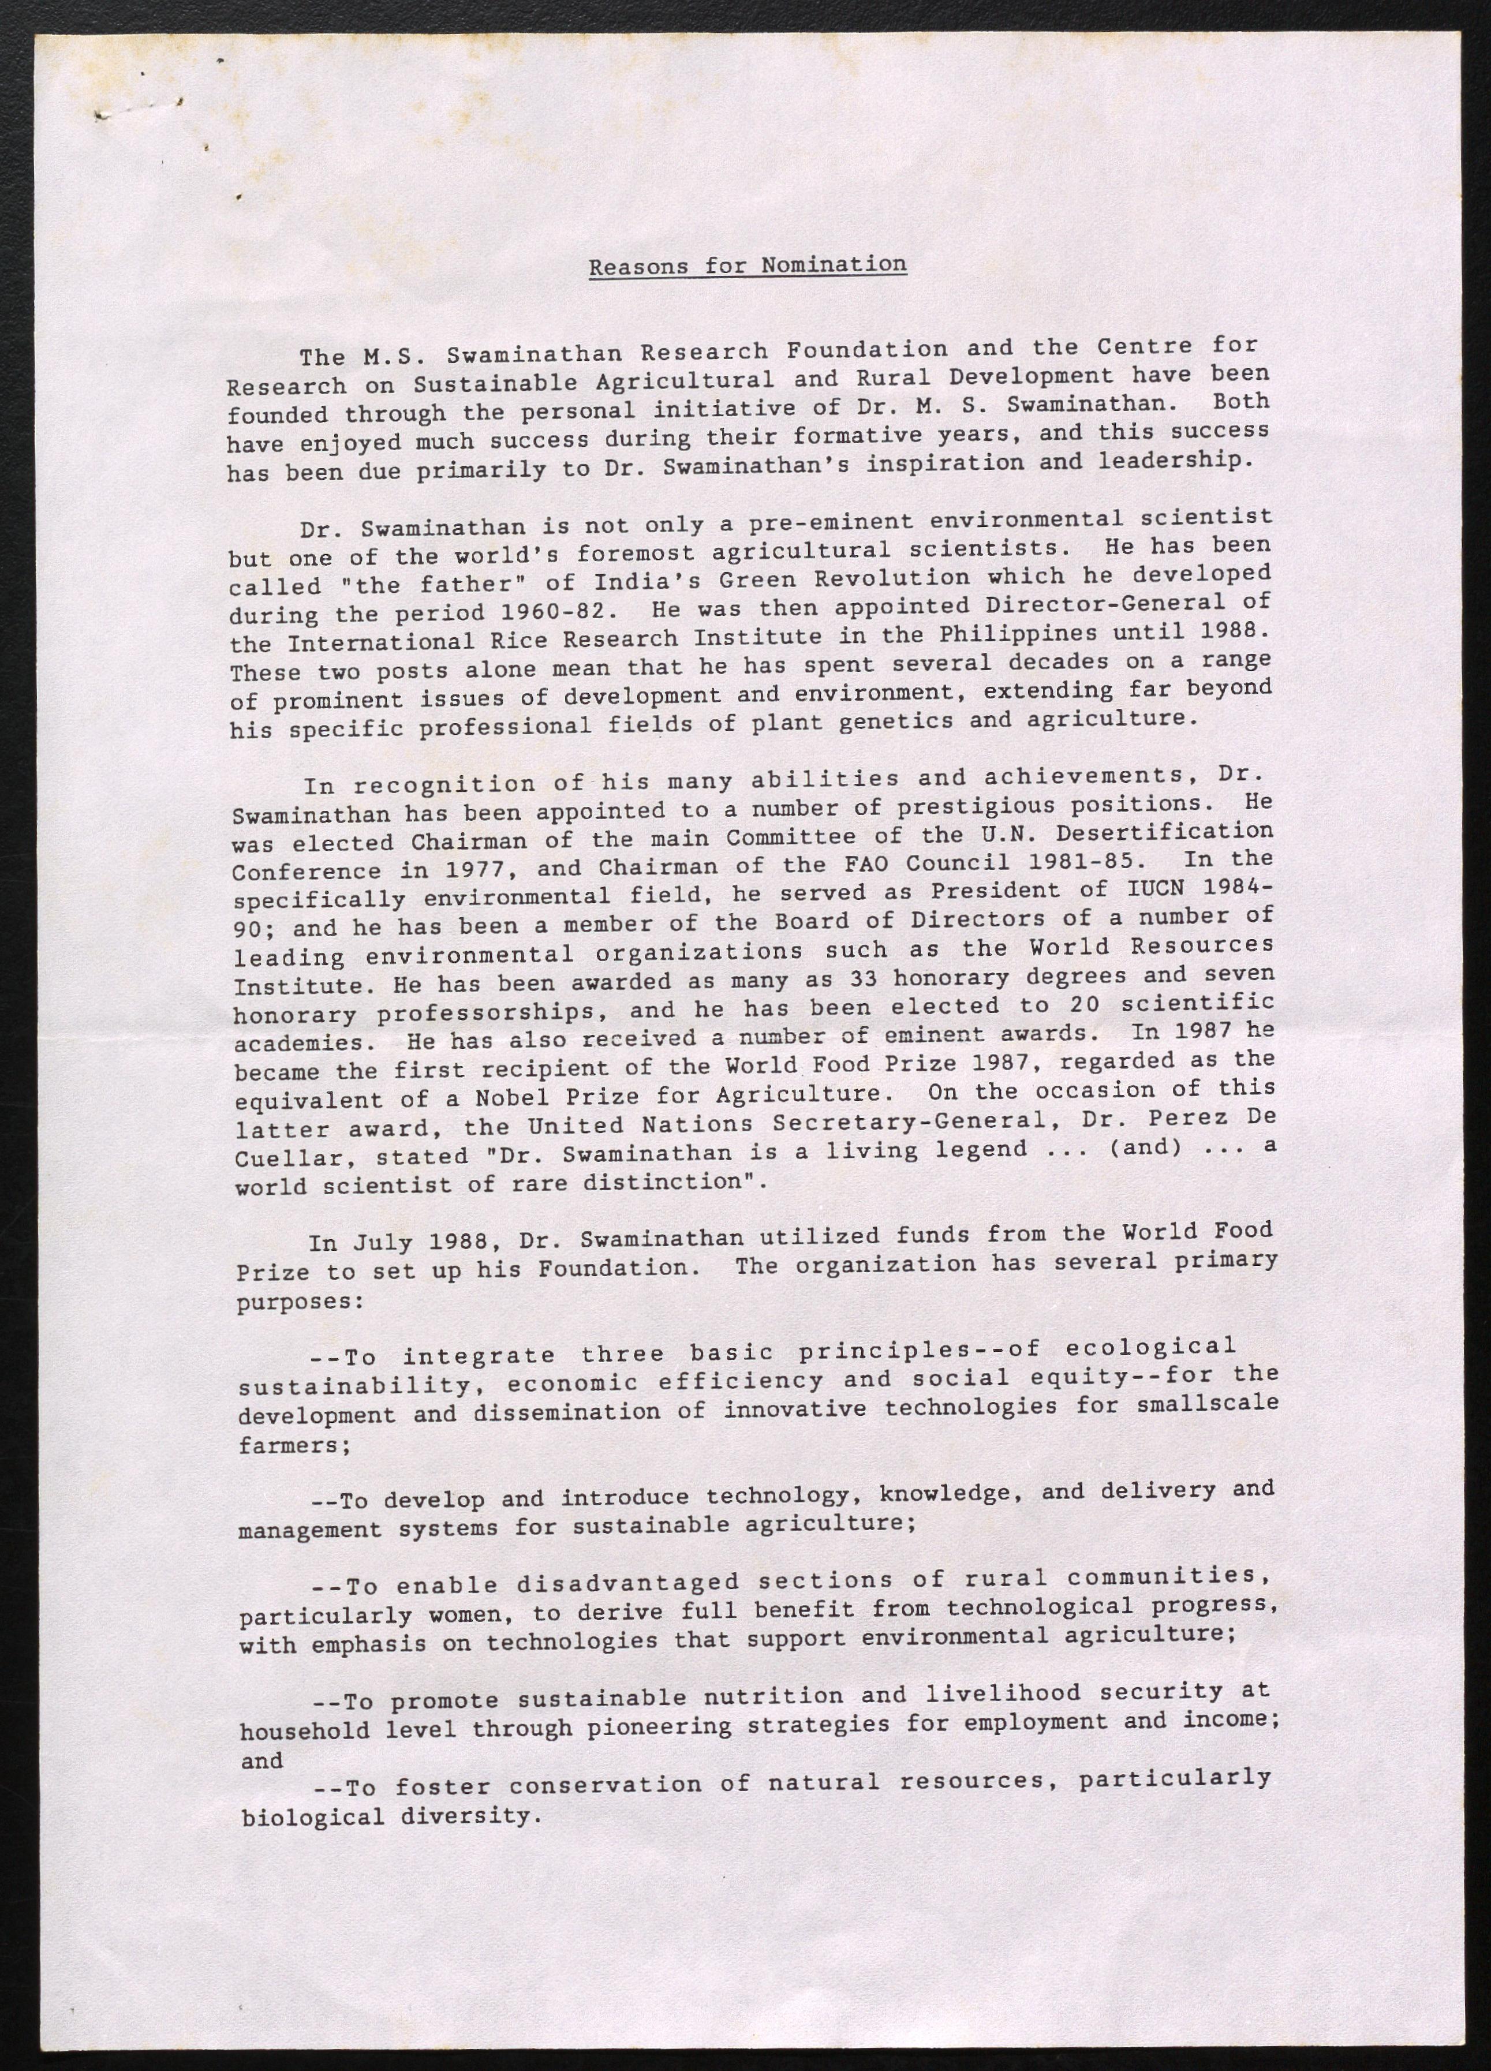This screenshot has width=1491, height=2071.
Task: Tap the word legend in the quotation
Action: pos(981,1149)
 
